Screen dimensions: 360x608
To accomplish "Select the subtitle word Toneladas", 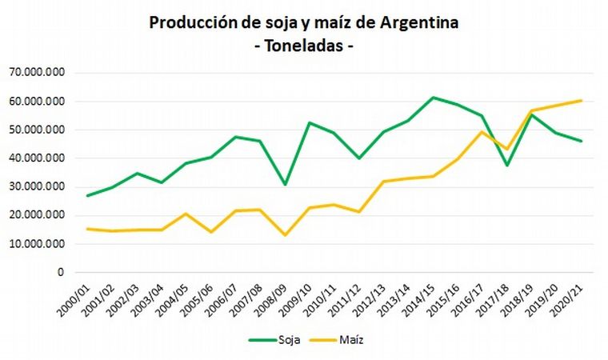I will pos(303,46).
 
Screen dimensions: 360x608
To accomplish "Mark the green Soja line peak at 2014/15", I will pos(432,98).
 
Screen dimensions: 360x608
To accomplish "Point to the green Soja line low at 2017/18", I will pos(506,166).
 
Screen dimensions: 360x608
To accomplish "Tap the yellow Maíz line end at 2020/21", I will pos(581,100).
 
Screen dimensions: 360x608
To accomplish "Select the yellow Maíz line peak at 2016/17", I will pos(482,132).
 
